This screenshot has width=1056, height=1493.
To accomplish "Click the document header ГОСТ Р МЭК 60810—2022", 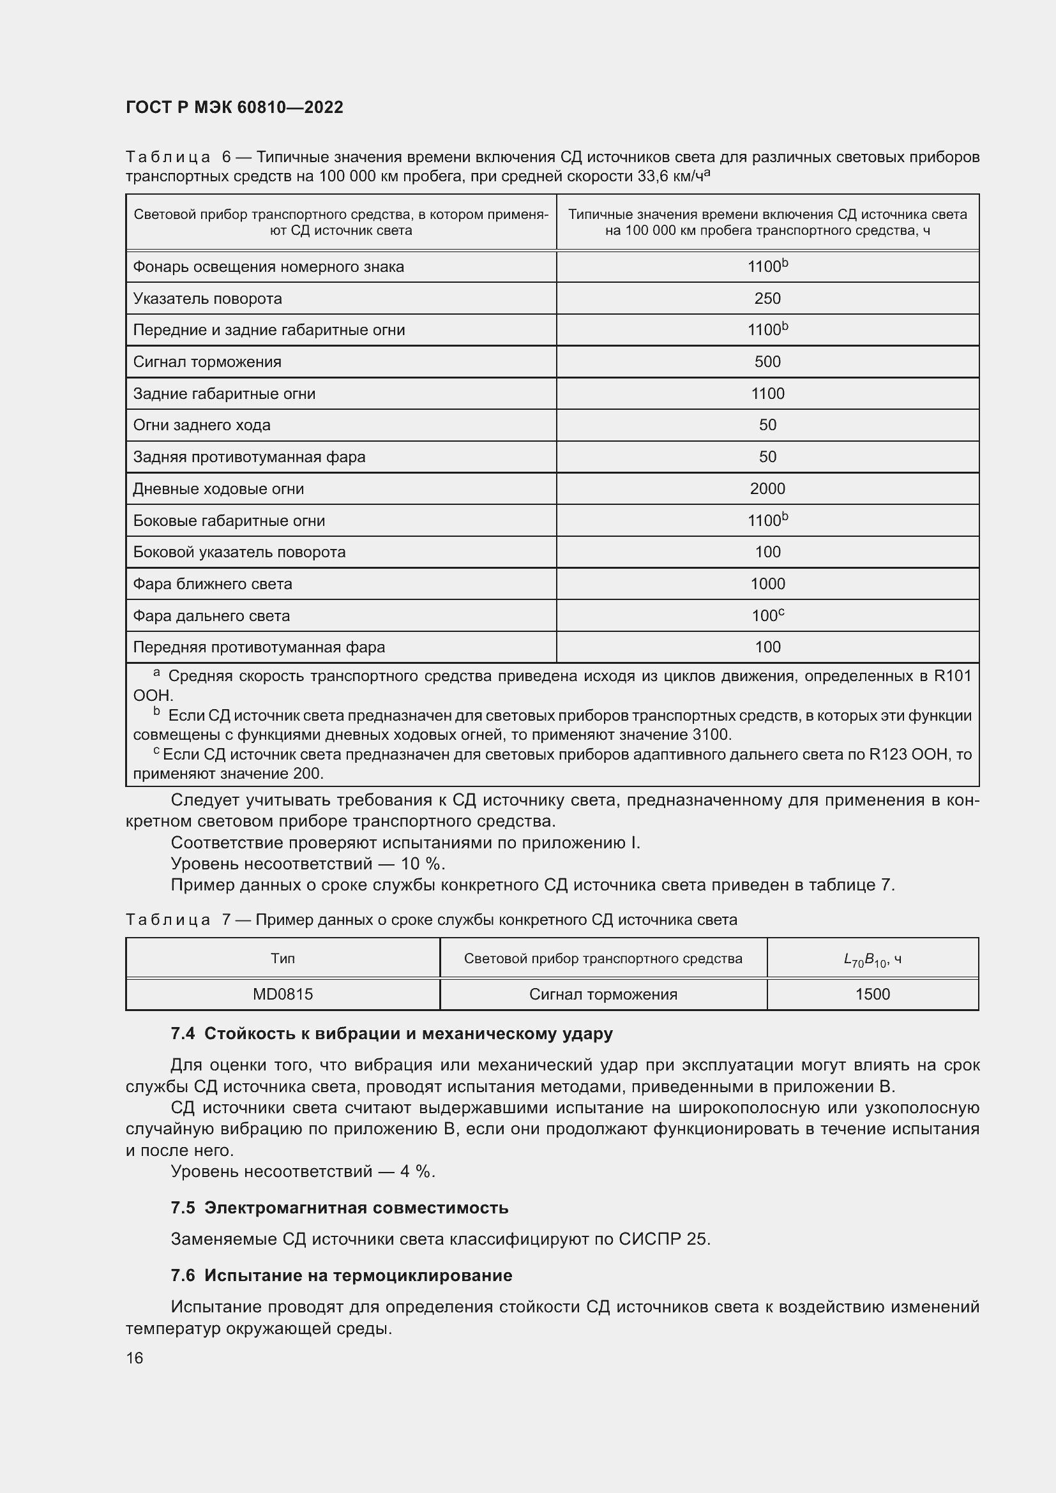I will (234, 108).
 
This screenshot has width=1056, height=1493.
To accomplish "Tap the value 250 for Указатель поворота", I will (767, 299).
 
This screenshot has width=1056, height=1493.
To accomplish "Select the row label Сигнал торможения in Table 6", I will (207, 362).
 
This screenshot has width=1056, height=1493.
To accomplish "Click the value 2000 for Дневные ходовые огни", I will (767, 489).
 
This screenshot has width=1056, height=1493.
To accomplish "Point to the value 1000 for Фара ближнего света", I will (767, 584).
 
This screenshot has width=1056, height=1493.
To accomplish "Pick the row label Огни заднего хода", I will (202, 425).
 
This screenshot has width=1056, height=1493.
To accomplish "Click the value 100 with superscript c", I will (767, 615).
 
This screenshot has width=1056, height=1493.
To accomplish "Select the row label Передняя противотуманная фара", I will (259, 647).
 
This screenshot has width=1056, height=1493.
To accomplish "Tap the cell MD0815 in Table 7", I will (283, 994).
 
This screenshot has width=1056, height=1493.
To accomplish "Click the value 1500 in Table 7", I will (873, 994).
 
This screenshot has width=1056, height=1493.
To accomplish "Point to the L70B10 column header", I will (872, 959).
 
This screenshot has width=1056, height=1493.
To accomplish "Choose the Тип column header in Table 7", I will (283, 959).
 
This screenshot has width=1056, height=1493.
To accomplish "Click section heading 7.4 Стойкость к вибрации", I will (391, 1034).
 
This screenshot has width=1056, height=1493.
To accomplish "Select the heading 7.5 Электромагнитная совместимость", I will (340, 1208).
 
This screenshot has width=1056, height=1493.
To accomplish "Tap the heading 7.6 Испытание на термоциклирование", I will (342, 1276).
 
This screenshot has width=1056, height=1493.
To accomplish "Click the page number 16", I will (135, 1358).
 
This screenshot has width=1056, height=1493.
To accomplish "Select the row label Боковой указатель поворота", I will (239, 552).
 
